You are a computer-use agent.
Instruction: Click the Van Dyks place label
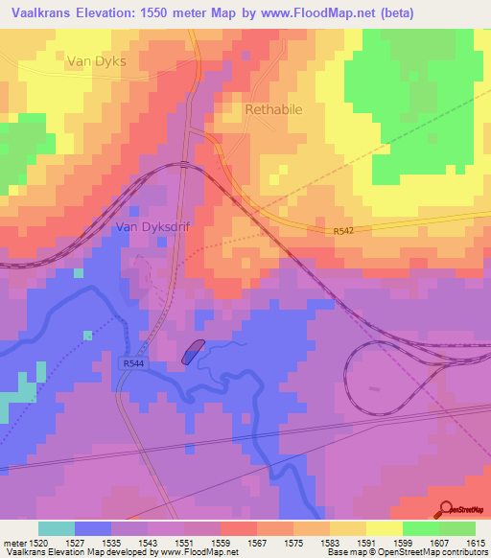tap(97, 60)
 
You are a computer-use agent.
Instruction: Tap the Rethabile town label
tap(273, 109)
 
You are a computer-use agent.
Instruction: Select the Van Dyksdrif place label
tap(152, 227)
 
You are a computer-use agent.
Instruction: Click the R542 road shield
tap(344, 231)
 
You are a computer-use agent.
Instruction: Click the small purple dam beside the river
tap(192, 352)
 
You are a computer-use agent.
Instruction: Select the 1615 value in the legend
tap(475, 543)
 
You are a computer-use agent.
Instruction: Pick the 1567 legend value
tap(256, 543)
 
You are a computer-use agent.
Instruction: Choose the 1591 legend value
tap(365, 543)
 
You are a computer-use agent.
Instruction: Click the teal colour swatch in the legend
tap(56, 528)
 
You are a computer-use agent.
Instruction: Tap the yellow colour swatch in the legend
tap(383, 528)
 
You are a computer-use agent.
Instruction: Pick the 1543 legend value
tap(147, 543)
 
